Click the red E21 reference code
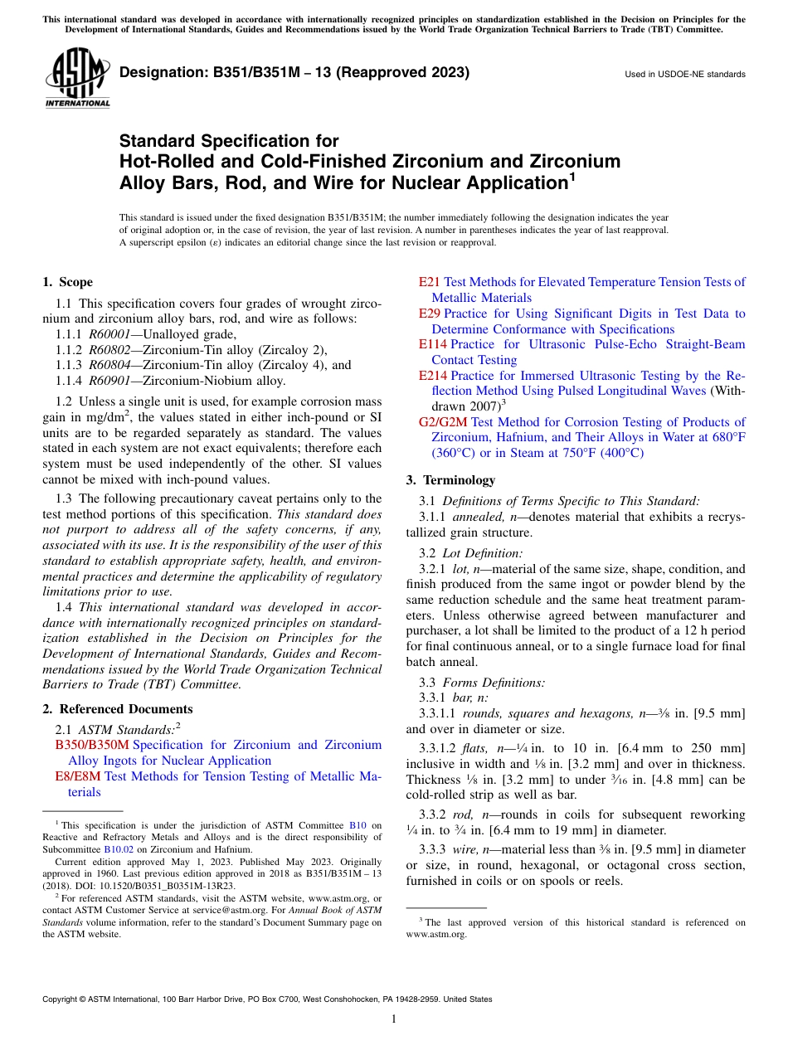click(x=429, y=282)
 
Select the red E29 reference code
click(x=429, y=314)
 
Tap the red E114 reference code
click(x=432, y=344)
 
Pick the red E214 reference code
click(x=432, y=376)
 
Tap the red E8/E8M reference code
click(x=77, y=776)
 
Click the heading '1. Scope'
click(x=67, y=282)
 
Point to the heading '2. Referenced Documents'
click(x=117, y=709)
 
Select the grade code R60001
click(x=109, y=334)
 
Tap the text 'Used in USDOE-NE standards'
click(x=684, y=75)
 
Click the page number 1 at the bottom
click(x=394, y=1019)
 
